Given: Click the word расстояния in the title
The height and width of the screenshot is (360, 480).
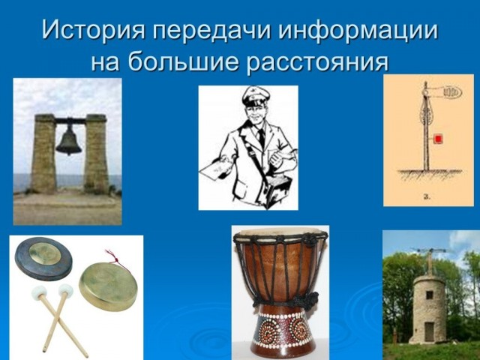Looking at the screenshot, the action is click(x=317, y=63).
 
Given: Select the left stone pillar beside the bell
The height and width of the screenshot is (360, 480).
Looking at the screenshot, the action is click(x=43, y=154).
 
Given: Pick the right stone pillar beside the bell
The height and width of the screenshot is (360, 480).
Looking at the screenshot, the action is click(x=96, y=154).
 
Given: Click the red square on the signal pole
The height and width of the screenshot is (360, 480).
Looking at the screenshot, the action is click(x=438, y=139).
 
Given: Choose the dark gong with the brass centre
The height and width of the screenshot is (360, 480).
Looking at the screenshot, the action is click(x=43, y=259).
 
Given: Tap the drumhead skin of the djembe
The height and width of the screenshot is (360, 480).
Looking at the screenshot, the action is click(x=280, y=232).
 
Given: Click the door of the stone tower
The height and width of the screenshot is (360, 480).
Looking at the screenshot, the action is click(x=429, y=332).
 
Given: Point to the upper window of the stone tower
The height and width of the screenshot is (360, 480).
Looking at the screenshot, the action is click(x=430, y=295).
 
